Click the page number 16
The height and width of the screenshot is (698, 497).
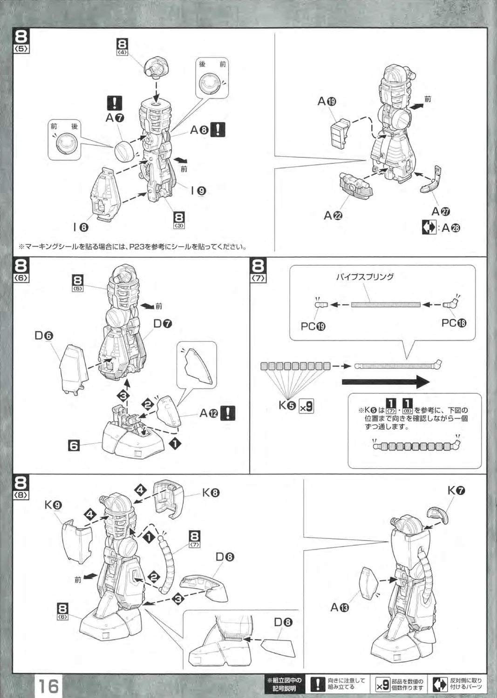[48, 686]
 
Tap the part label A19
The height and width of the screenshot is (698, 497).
[327, 101]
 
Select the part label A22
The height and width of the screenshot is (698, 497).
[333, 215]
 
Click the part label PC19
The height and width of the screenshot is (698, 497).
[313, 326]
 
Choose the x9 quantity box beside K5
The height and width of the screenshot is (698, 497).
[306, 406]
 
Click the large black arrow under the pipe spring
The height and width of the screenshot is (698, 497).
[385, 382]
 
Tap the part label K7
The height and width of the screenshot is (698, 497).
[456, 490]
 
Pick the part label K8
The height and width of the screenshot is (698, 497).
[211, 492]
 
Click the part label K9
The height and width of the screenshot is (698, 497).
[54, 505]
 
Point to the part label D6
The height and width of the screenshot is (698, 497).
[44, 335]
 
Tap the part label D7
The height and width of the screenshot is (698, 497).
[163, 323]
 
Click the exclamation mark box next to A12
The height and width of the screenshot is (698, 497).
[228, 413]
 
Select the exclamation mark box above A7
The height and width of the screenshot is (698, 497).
[114, 103]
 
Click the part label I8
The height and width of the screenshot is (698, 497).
[80, 227]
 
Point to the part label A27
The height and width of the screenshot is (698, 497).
[441, 212]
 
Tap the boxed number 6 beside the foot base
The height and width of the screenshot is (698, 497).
[74, 445]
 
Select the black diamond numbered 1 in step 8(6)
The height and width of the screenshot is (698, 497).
[175, 444]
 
